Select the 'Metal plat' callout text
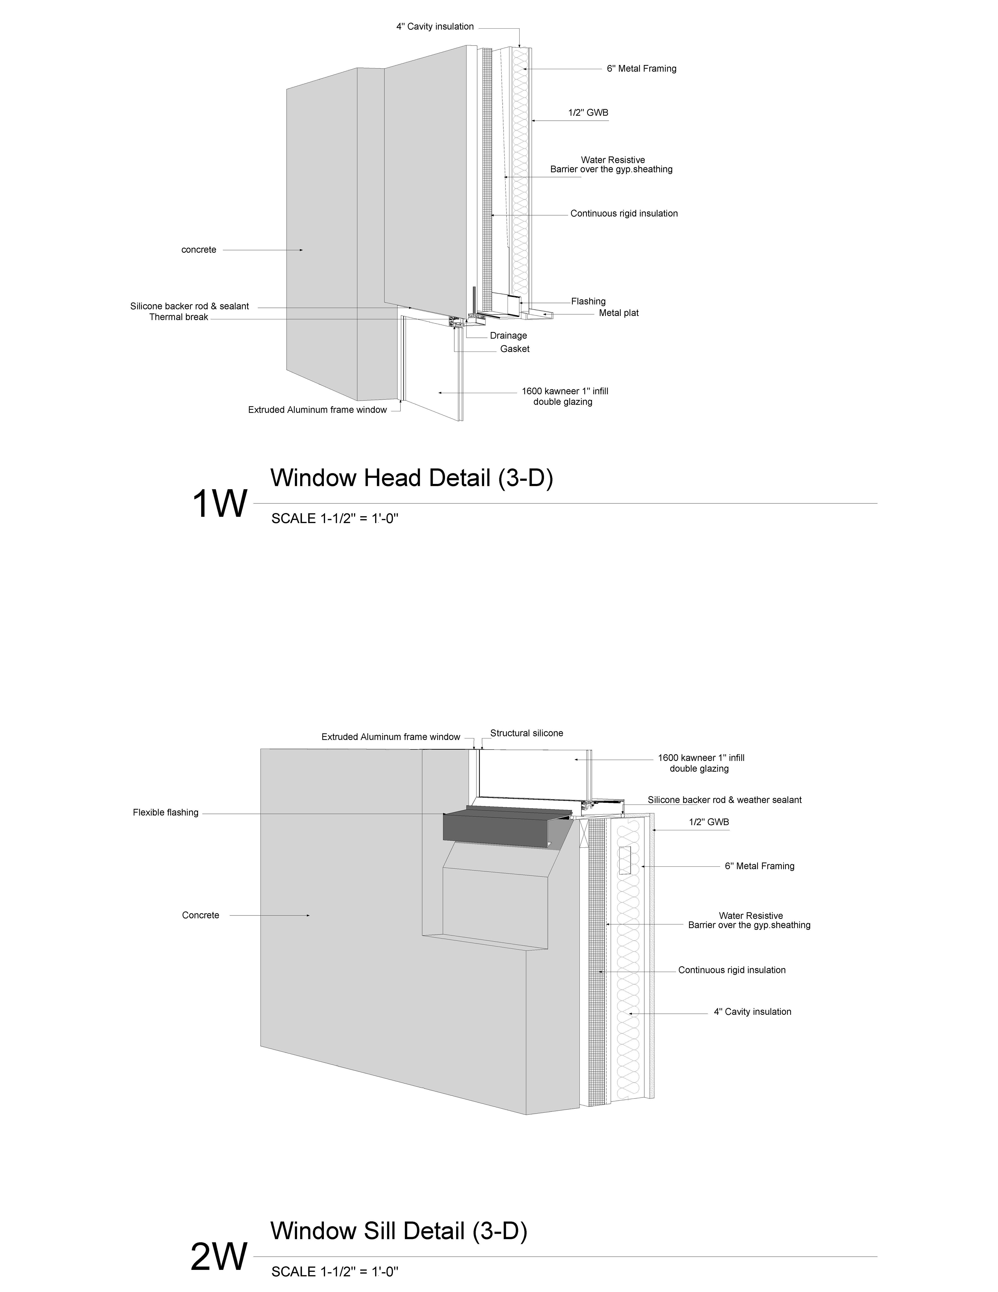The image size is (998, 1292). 619,313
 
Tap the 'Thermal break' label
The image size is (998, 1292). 179,317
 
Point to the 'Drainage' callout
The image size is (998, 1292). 508,335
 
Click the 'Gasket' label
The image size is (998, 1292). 514,349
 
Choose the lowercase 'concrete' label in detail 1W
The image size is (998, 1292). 199,250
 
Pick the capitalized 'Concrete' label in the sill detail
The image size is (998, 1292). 200,915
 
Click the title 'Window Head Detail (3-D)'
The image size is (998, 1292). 411,478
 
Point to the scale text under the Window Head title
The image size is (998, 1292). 335,519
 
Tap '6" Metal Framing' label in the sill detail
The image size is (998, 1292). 759,866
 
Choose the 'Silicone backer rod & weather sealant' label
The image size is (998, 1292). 724,800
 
